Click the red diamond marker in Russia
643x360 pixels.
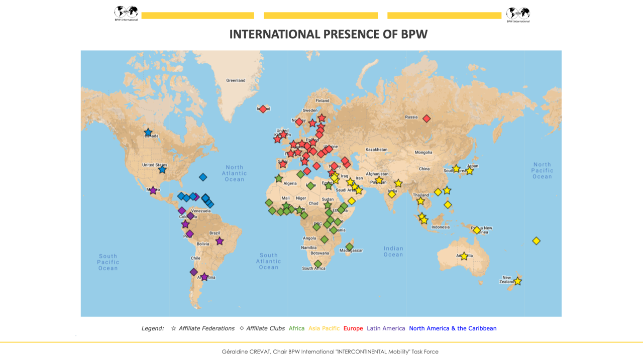pos(426,118)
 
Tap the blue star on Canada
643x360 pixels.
pos(148,133)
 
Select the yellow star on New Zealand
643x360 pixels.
pos(517,281)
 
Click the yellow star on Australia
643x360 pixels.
pos(464,256)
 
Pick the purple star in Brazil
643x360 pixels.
pos(220,241)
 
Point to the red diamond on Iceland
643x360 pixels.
pos(263,109)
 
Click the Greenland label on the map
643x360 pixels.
pos(236,80)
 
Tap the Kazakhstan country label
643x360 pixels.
pos(376,150)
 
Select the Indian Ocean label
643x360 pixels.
pos(393,251)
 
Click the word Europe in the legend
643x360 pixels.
pos(353,328)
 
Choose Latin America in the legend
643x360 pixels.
pos(386,328)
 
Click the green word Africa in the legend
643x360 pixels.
pos(296,328)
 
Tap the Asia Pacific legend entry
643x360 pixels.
pos(324,328)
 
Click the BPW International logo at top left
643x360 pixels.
pos(126,13)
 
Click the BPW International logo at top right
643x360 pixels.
pos(518,15)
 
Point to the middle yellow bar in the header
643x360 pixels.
pos(320,16)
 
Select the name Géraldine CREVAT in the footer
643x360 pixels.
pos(246,351)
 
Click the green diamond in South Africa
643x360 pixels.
pos(318,264)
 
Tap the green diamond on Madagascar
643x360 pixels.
pos(350,247)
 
